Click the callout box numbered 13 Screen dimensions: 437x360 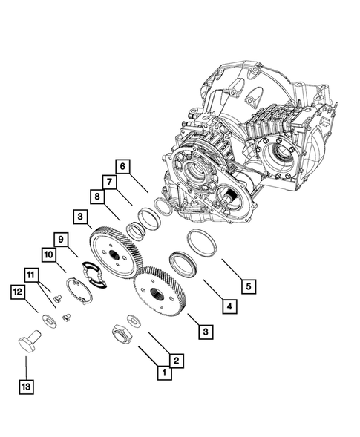tap(27, 386)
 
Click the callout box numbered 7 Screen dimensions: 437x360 tap(108, 182)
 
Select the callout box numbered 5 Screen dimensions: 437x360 tap(247, 286)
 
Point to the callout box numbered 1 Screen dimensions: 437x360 tap(160, 373)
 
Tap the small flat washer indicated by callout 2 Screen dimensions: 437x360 tap(135, 321)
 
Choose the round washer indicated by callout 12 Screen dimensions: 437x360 tap(48, 320)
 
